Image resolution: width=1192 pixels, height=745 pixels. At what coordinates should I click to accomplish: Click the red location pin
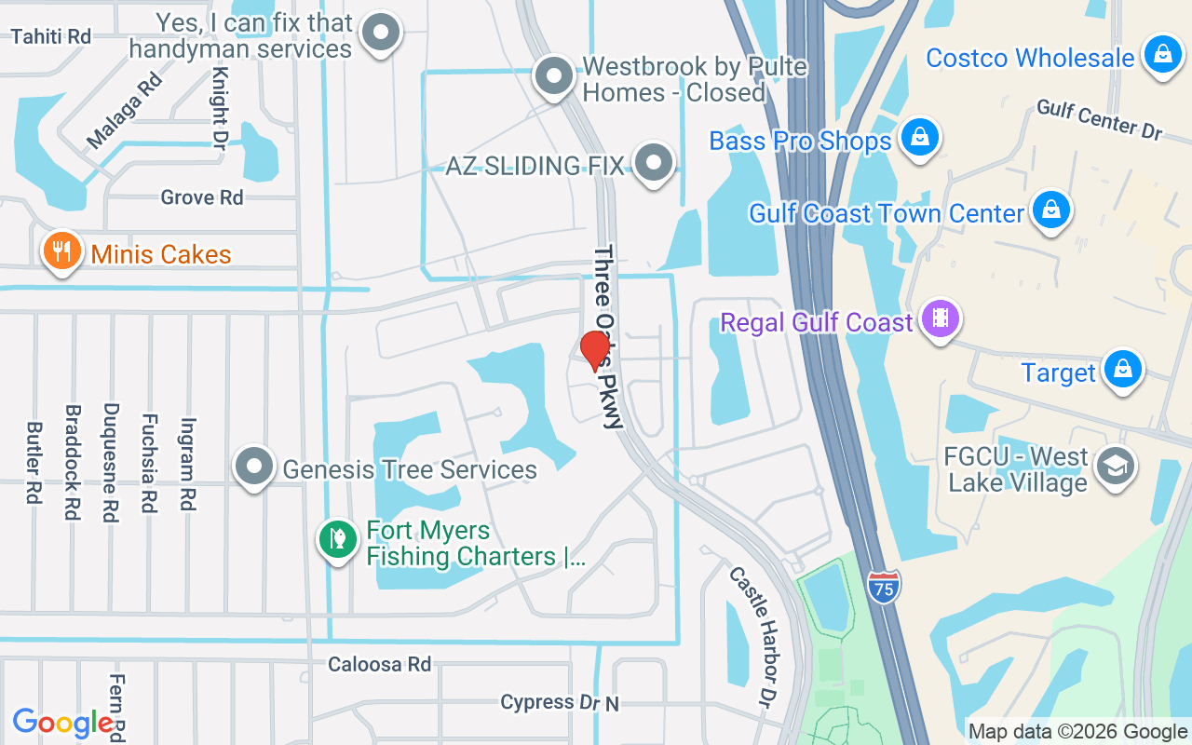click(594, 350)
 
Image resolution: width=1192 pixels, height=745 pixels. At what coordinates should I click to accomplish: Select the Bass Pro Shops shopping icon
click(919, 138)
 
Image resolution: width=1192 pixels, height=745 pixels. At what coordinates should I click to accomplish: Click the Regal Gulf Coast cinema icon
click(941, 319)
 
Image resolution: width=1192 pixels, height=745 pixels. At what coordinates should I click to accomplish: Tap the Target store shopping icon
click(1123, 370)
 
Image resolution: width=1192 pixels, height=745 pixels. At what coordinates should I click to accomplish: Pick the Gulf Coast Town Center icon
click(1050, 210)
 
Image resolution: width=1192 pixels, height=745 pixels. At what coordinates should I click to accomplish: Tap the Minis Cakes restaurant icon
click(61, 251)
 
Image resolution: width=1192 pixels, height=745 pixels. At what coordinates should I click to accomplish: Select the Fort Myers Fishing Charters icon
click(337, 539)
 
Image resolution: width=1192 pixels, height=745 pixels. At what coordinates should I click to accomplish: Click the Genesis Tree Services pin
click(253, 467)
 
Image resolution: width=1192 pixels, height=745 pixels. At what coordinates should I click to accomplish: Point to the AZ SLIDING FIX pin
click(654, 163)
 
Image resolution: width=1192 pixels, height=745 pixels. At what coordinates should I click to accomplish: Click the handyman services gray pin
click(380, 33)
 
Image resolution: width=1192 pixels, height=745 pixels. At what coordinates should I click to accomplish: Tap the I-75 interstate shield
click(884, 587)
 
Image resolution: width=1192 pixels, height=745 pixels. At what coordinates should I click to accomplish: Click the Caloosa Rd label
click(379, 664)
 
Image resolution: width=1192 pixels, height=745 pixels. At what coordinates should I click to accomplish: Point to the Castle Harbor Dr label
click(753, 635)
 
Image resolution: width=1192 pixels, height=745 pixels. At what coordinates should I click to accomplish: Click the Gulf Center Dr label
click(1100, 119)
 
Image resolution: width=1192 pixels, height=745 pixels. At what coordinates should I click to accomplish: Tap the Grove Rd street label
click(201, 197)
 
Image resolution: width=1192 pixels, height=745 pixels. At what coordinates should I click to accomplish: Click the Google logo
click(63, 722)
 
